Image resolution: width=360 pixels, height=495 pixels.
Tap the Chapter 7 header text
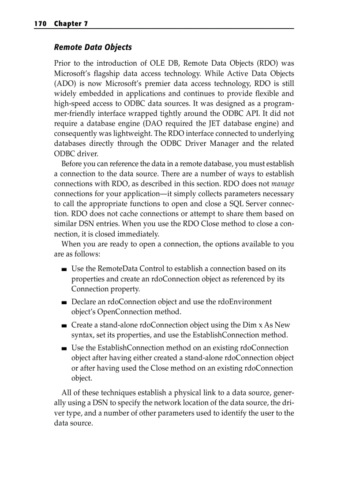pos(71,24)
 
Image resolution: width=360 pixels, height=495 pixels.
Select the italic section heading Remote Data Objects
pos(93,47)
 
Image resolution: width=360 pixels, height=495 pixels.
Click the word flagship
pos(111,73)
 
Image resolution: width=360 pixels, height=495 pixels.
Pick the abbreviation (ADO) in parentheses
pos(65,83)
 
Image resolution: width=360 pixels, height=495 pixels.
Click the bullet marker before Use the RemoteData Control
pos(65,269)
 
